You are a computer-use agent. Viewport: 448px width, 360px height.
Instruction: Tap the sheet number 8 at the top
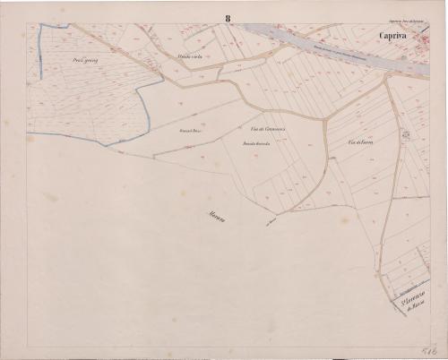coord(228,17)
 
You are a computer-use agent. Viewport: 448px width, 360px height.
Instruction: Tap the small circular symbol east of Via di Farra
coord(405,134)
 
